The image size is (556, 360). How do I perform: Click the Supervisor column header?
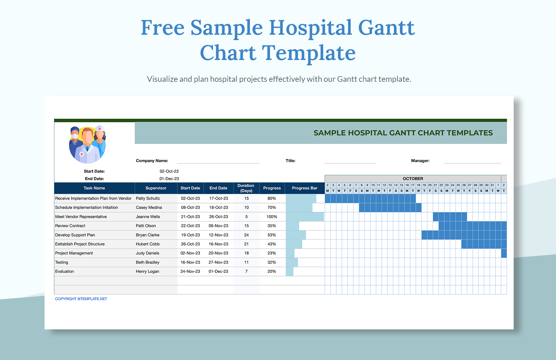[156, 188]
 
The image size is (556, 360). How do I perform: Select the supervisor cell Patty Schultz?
[148, 198]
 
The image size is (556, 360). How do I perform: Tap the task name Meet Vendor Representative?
[81, 217]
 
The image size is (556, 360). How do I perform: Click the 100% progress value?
[272, 217]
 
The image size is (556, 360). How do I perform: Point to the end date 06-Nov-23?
[218, 226]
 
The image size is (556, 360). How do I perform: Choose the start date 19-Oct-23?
[190, 235]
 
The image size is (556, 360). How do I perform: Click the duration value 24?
[246, 235]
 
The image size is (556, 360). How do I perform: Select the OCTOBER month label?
[413, 179]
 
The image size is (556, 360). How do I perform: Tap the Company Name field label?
[152, 161]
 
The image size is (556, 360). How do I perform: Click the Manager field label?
[420, 161]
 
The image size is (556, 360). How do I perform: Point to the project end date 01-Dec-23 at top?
[169, 179]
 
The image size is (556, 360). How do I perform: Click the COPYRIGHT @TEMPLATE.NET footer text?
[81, 299]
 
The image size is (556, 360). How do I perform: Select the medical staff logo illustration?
[88, 144]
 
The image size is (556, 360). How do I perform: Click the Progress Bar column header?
[305, 188]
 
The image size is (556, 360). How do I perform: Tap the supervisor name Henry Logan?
[148, 271]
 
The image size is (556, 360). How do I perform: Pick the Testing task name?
[62, 262]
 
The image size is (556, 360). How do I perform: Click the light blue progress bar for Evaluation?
[289, 272]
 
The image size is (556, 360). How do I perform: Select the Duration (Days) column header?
[246, 188]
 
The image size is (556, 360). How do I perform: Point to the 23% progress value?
[272, 253]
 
